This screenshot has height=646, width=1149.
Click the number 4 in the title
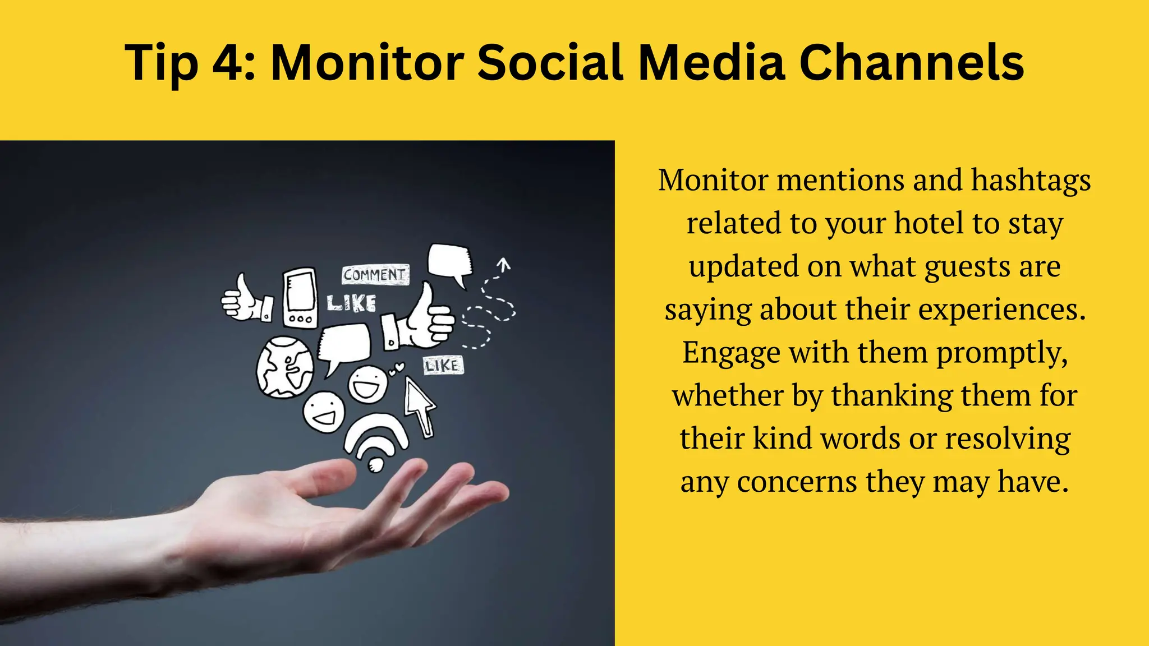pos(227,62)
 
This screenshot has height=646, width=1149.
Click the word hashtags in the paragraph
pos(1031,181)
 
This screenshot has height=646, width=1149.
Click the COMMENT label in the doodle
pos(375,275)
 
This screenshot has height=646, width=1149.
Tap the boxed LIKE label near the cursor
pos(443,366)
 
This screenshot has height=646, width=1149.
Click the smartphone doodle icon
pos(300,297)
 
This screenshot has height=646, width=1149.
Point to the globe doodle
pos(285,367)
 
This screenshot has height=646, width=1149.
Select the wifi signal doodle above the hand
pos(376,440)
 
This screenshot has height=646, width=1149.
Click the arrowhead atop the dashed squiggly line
pos(504,264)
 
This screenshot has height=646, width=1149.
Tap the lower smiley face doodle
pos(324,412)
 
